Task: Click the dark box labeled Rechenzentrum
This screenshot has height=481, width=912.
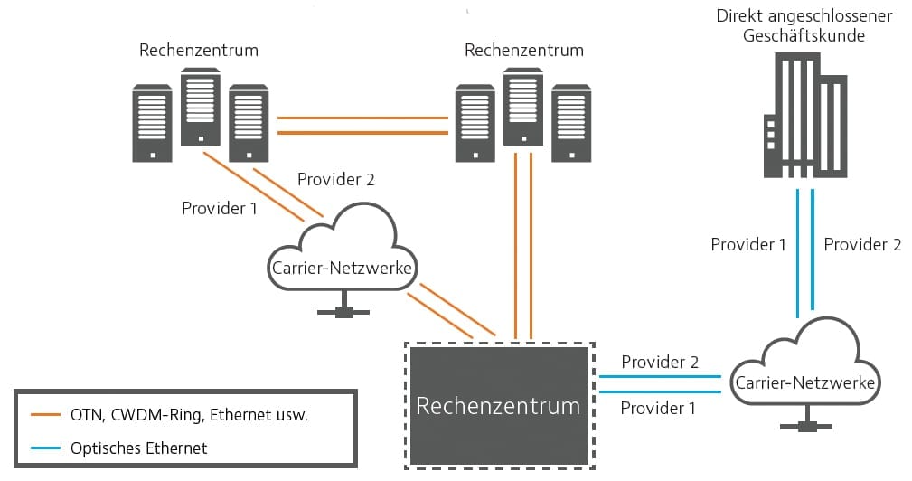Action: point(500,406)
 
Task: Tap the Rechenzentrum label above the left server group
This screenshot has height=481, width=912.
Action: point(199,50)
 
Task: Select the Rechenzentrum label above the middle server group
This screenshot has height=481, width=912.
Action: point(524,50)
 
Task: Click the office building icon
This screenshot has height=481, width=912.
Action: point(805,115)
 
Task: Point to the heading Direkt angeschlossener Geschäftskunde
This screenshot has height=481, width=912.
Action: point(804,25)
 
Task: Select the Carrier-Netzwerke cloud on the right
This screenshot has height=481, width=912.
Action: point(805,362)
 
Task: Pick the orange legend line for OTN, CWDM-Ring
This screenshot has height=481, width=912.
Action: point(45,415)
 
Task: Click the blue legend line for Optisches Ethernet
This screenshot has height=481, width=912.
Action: point(45,448)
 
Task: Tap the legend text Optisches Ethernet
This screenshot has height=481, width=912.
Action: point(138,448)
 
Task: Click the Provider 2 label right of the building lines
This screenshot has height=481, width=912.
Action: point(862,244)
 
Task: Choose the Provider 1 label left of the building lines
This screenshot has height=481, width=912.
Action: point(748,244)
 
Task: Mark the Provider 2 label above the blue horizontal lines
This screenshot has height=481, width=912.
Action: point(660,362)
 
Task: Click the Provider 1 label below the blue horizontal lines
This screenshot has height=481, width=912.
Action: point(658,408)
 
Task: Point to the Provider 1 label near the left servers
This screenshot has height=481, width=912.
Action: point(220,208)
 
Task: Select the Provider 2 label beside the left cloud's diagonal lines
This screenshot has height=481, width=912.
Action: point(335,179)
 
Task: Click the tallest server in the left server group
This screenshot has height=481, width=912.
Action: point(201,107)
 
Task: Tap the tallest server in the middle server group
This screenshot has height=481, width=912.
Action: point(523,107)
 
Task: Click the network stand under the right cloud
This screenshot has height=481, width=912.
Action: point(805,419)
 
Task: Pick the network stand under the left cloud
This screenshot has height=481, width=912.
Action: point(343,304)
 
